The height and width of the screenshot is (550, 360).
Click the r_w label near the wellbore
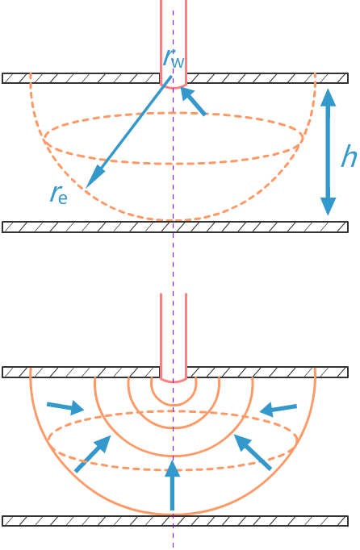(x=174, y=58)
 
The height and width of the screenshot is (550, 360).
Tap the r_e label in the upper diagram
(x=59, y=194)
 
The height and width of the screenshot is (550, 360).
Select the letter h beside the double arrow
(x=349, y=157)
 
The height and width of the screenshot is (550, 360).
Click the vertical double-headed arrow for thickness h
(x=329, y=152)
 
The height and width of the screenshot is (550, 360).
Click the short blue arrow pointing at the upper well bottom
(x=193, y=101)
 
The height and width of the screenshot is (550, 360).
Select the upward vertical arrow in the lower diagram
(x=172, y=485)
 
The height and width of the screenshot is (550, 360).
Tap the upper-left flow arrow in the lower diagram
(x=65, y=407)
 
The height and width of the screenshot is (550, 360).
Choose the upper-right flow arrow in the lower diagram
(x=278, y=410)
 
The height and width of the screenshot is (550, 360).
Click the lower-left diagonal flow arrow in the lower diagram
(x=93, y=453)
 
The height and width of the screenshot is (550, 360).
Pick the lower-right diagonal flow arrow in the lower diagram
(x=253, y=452)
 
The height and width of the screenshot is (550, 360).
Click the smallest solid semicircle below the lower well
(x=174, y=406)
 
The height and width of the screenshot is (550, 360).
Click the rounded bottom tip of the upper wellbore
(x=174, y=87)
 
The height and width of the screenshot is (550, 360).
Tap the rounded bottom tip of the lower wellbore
(x=174, y=381)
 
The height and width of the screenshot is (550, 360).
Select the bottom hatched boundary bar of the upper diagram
(x=175, y=227)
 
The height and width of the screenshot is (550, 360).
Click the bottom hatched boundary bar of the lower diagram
(x=175, y=521)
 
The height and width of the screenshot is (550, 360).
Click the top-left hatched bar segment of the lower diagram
(x=81, y=372)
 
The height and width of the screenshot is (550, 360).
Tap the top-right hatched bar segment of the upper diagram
(x=267, y=78)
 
